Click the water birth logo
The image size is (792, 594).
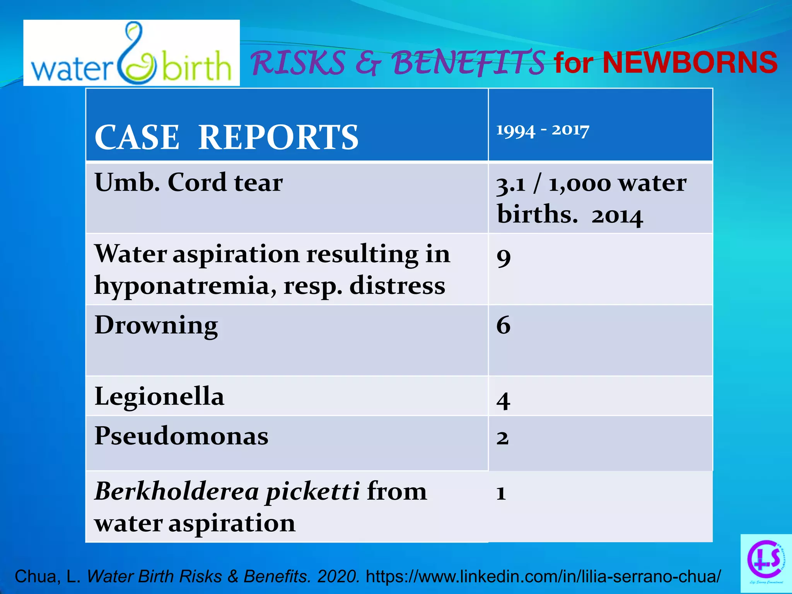[x=131, y=53]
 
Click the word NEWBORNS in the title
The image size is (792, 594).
[x=690, y=63]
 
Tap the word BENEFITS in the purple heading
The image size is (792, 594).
[x=468, y=63]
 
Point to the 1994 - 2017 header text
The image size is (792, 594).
[x=543, y=130]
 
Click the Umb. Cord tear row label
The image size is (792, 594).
[x=189, y=182]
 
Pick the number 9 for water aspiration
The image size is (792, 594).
[x=504, y=257]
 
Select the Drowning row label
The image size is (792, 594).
[x=156, y=325]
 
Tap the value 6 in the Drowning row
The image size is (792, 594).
[x=503, y=325]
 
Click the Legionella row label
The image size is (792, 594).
[x=159, y=396]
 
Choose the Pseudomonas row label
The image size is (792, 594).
[x=181, y=436]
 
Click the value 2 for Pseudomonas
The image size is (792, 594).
[x=502, y=438]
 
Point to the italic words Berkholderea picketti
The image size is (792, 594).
[x=227, y=492]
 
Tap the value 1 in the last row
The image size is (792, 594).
[x=501, y=493]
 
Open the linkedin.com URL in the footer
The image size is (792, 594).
[x=543, y=576]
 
